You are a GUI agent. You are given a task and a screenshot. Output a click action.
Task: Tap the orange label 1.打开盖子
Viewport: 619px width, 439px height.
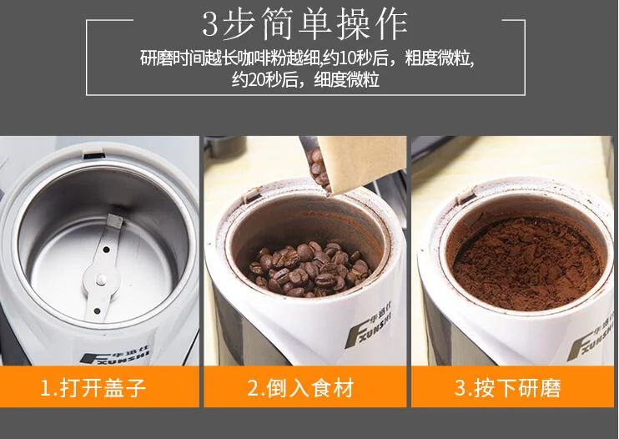tap(99, 387)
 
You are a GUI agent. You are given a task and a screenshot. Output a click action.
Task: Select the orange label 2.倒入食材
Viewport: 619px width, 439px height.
tap(305, 387)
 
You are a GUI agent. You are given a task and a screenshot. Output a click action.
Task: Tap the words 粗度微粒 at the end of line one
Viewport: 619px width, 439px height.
tap(440, 60)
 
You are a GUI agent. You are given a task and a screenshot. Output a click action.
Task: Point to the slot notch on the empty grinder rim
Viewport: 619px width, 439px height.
tap(93, 154)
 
